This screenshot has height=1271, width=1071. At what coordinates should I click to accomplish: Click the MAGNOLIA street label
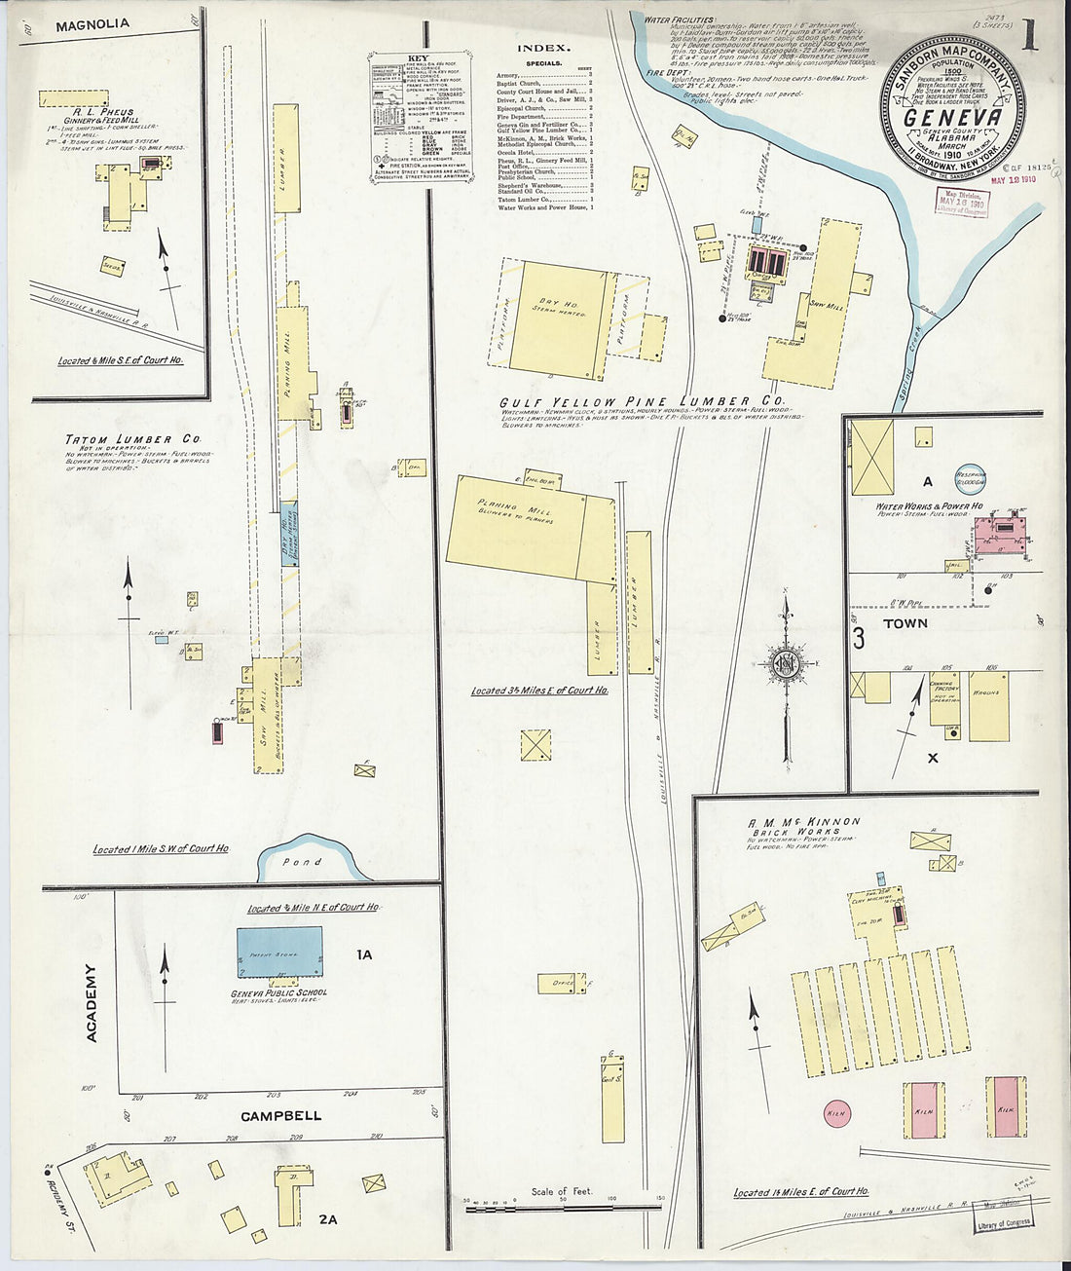[92, 26]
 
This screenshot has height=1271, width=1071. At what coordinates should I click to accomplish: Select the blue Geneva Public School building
[279, 953]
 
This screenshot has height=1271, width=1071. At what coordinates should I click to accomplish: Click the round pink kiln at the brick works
[835, 1111]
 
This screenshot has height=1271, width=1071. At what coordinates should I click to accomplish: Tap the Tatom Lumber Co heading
[119, 439]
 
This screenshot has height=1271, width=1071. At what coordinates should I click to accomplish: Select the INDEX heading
[543, 47]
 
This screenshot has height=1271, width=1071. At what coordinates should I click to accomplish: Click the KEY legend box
[420, 118]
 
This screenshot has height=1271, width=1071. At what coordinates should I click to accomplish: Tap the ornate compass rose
[786, 665]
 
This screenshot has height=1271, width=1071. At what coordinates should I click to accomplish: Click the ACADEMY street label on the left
[92, 1004]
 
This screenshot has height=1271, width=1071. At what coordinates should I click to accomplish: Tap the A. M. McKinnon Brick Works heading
[804, 827]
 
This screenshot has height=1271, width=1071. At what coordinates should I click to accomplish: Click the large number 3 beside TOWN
[860, 639]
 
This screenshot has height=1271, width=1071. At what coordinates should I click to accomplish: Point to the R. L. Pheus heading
[95, 112]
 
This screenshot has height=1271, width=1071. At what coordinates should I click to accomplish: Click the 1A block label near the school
[364, 955]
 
